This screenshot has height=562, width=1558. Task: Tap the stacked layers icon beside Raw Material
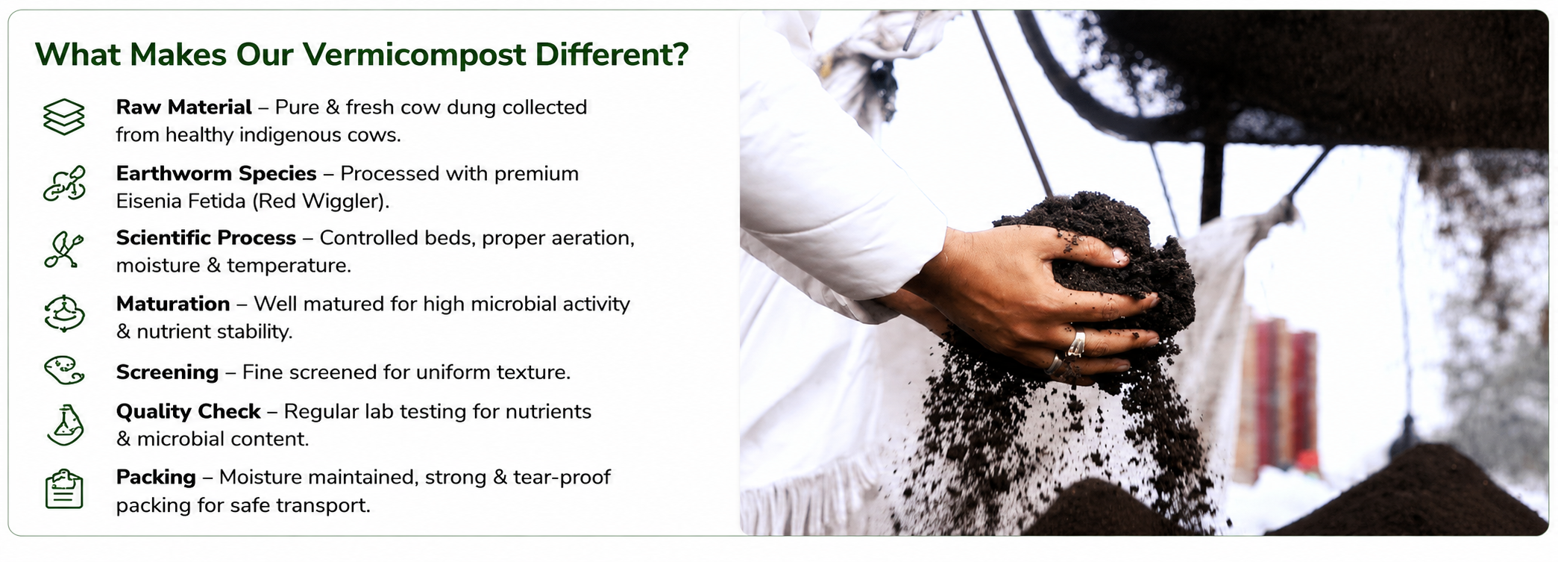click(64, 117)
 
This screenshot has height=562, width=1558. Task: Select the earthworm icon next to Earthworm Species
click(64, 184)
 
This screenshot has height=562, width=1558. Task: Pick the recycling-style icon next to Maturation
click(64, 313)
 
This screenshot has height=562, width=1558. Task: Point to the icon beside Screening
click(64, 370)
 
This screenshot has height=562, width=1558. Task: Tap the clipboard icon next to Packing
click(64, 490)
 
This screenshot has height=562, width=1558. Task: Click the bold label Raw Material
click(183, 107)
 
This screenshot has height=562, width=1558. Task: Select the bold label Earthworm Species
click(216, 174)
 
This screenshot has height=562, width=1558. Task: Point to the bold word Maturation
click(173, 304)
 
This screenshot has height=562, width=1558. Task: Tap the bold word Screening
click(167, 372)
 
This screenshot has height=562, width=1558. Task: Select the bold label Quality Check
click(188, 412)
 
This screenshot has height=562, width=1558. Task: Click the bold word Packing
click(156, 478)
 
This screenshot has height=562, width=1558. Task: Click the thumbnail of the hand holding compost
click(1144, 272)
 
